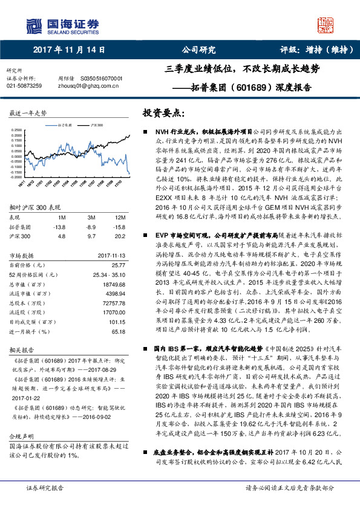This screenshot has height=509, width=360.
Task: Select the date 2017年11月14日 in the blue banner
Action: tap(69, 51)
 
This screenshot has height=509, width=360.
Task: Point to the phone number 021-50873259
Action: tap(24, 86)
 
